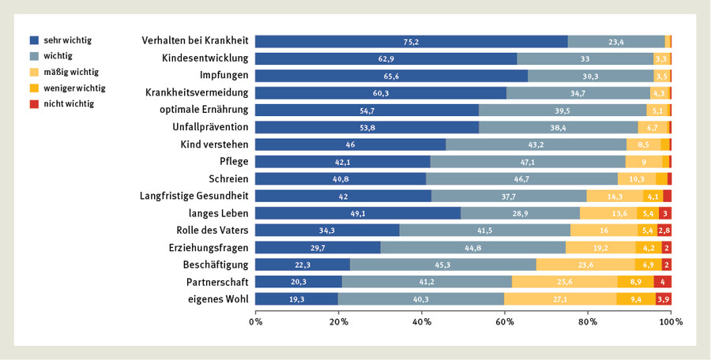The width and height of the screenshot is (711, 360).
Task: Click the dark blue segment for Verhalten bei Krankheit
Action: pos(411,42)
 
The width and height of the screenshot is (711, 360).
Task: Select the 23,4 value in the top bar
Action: pos(616,42)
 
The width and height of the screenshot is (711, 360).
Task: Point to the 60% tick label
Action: pos(505,322)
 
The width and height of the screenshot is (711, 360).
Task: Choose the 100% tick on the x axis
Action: pos(671,322)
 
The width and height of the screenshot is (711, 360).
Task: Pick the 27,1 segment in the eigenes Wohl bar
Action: pos(560,299)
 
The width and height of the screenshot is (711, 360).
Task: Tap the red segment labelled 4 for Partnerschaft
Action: pos(664,282)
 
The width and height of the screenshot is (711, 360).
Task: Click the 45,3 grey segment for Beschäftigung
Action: pos(443,264)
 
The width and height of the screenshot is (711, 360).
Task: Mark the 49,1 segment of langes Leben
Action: pos(357,213)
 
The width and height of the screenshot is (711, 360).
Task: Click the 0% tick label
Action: pos(255,322)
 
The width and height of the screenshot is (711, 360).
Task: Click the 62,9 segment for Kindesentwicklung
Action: pos(386,58)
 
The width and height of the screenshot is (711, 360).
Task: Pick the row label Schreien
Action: pos(228,178)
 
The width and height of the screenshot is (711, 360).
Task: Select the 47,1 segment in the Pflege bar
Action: pos(528,162)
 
